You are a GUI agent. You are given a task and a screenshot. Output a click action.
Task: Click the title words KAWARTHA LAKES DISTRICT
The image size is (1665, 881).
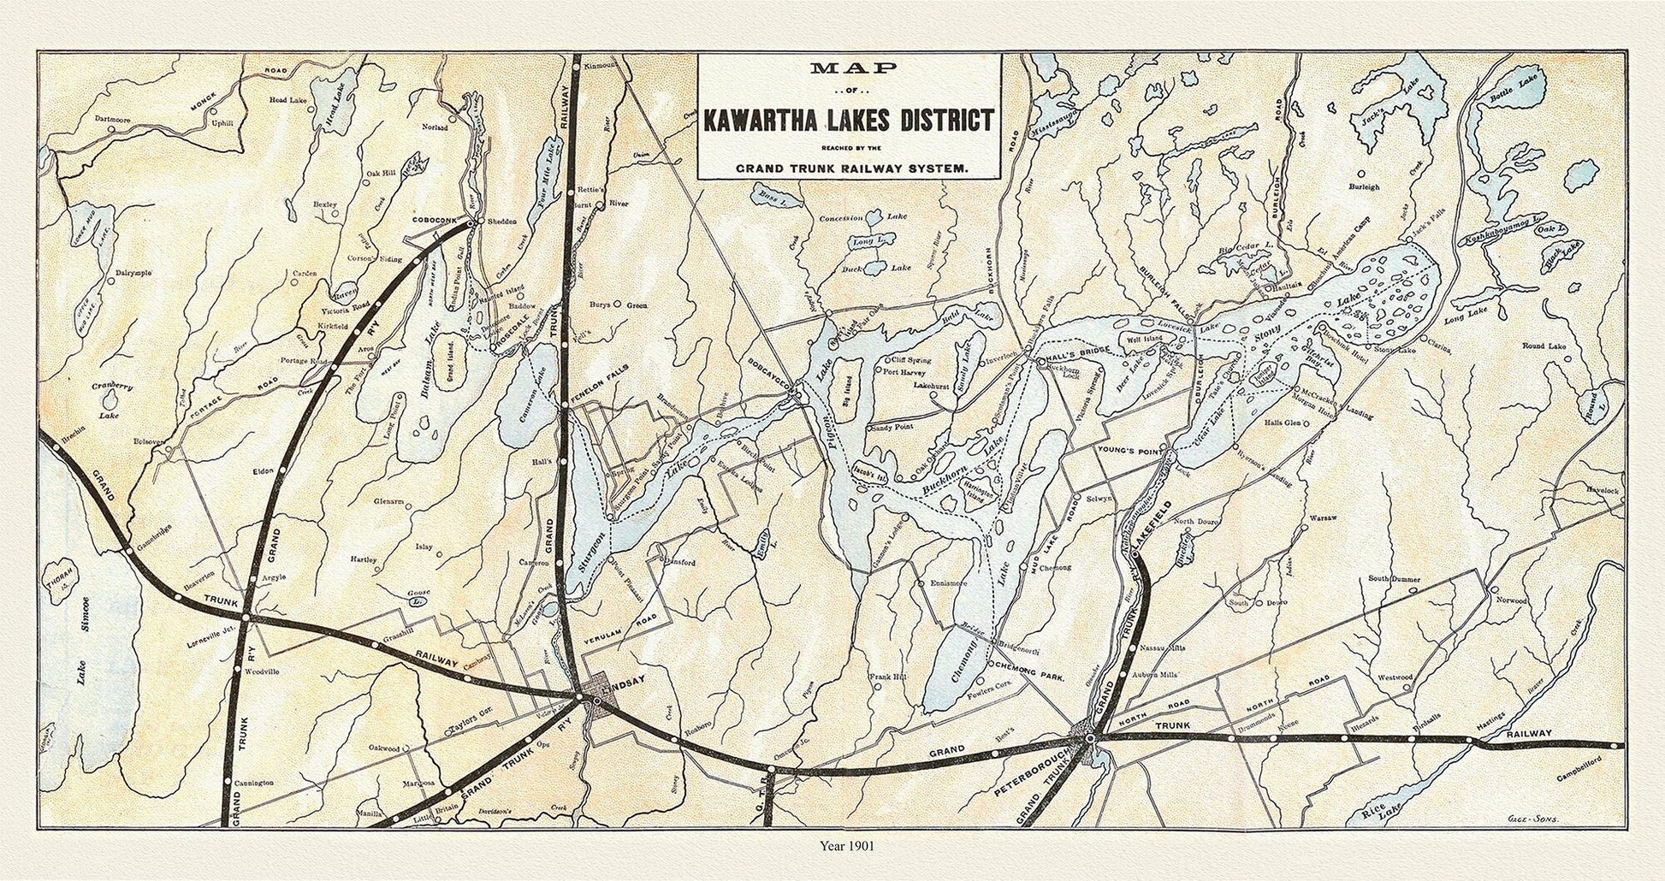tap(848, 119)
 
